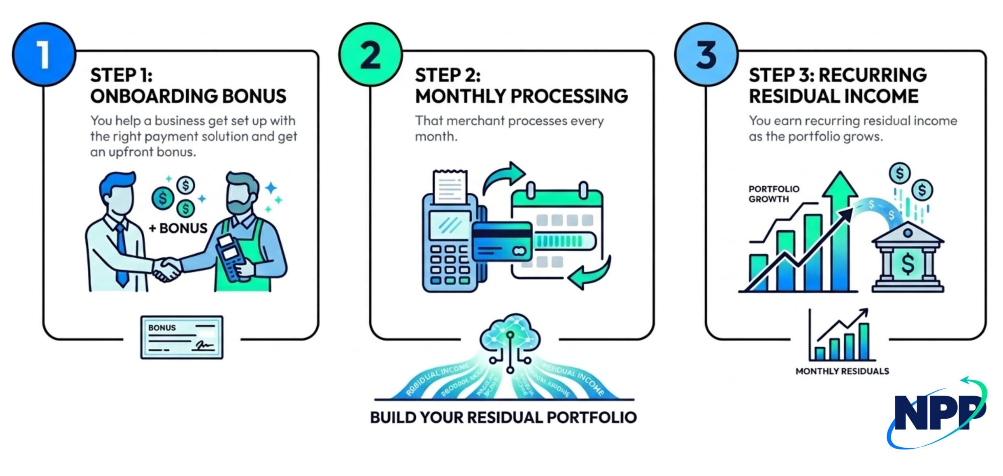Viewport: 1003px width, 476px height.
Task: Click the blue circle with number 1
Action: pos(44,54)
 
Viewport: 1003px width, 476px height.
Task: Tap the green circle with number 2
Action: pos(370,54)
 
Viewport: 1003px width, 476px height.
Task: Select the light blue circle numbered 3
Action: pos(706,54)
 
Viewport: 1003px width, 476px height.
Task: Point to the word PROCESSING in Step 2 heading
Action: pos(569,97)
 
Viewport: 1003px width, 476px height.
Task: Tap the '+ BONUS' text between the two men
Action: pos(178,228)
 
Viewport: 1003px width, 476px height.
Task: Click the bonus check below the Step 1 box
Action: pos(181,337)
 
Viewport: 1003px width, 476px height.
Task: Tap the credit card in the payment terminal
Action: pos(502,242)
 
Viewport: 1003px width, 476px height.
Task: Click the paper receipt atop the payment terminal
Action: pos(449,187)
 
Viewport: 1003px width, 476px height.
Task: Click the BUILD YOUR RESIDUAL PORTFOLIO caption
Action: pos(503,417)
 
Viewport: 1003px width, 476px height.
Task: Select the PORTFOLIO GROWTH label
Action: pos(774,194)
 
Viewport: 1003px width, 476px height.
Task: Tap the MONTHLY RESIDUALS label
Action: pos(842,371)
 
